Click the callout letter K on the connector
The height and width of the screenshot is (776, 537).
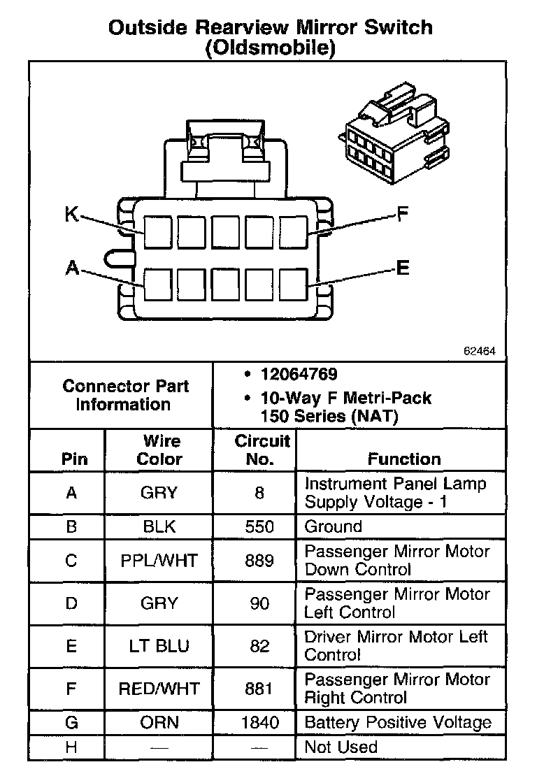71,214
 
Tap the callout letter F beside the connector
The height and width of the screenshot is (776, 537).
402,214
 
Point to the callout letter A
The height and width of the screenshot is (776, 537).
71,268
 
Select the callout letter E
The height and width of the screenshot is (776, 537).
403,268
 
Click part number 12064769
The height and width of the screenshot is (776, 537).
299,375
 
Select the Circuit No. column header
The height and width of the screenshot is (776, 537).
260,450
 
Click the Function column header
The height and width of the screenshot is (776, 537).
404,459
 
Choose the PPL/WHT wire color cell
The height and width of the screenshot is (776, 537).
159,560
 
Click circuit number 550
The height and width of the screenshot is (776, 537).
259,526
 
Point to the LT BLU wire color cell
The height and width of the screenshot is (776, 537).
159,645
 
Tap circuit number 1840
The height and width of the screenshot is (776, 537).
259,723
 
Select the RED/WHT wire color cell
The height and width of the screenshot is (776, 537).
159,689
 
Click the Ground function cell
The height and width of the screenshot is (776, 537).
334,526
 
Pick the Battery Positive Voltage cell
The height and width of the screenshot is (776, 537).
398,723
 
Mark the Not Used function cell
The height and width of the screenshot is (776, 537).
341,747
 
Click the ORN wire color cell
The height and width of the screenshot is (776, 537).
159,723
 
